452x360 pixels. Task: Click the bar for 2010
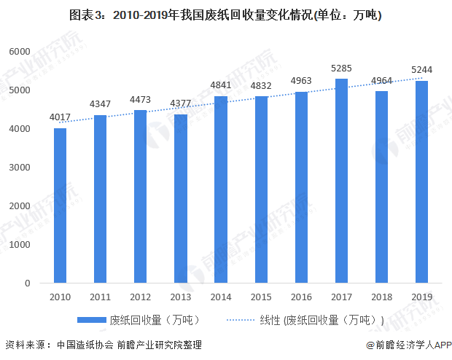pyautogui.click(x=60, y=206)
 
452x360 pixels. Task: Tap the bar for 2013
pyautogui.click(x=181, y=198)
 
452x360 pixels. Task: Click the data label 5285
pyautogui.click(x=341, y=69)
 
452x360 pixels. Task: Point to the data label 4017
pyautogui.click(x=60, y=117)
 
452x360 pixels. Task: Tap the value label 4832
pyautogui.click(x=261, y=85)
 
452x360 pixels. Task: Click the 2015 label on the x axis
pyautogui.click(x=261, y=297)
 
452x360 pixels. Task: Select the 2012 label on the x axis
pyautogui.click(x=140, y=297)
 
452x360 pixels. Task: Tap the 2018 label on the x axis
pyautogui.click(x=381, y=297)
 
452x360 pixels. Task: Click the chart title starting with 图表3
pyautogui.click(x=225, y=15)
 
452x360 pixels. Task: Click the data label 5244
pyautogui.click(x=421, y=70)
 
